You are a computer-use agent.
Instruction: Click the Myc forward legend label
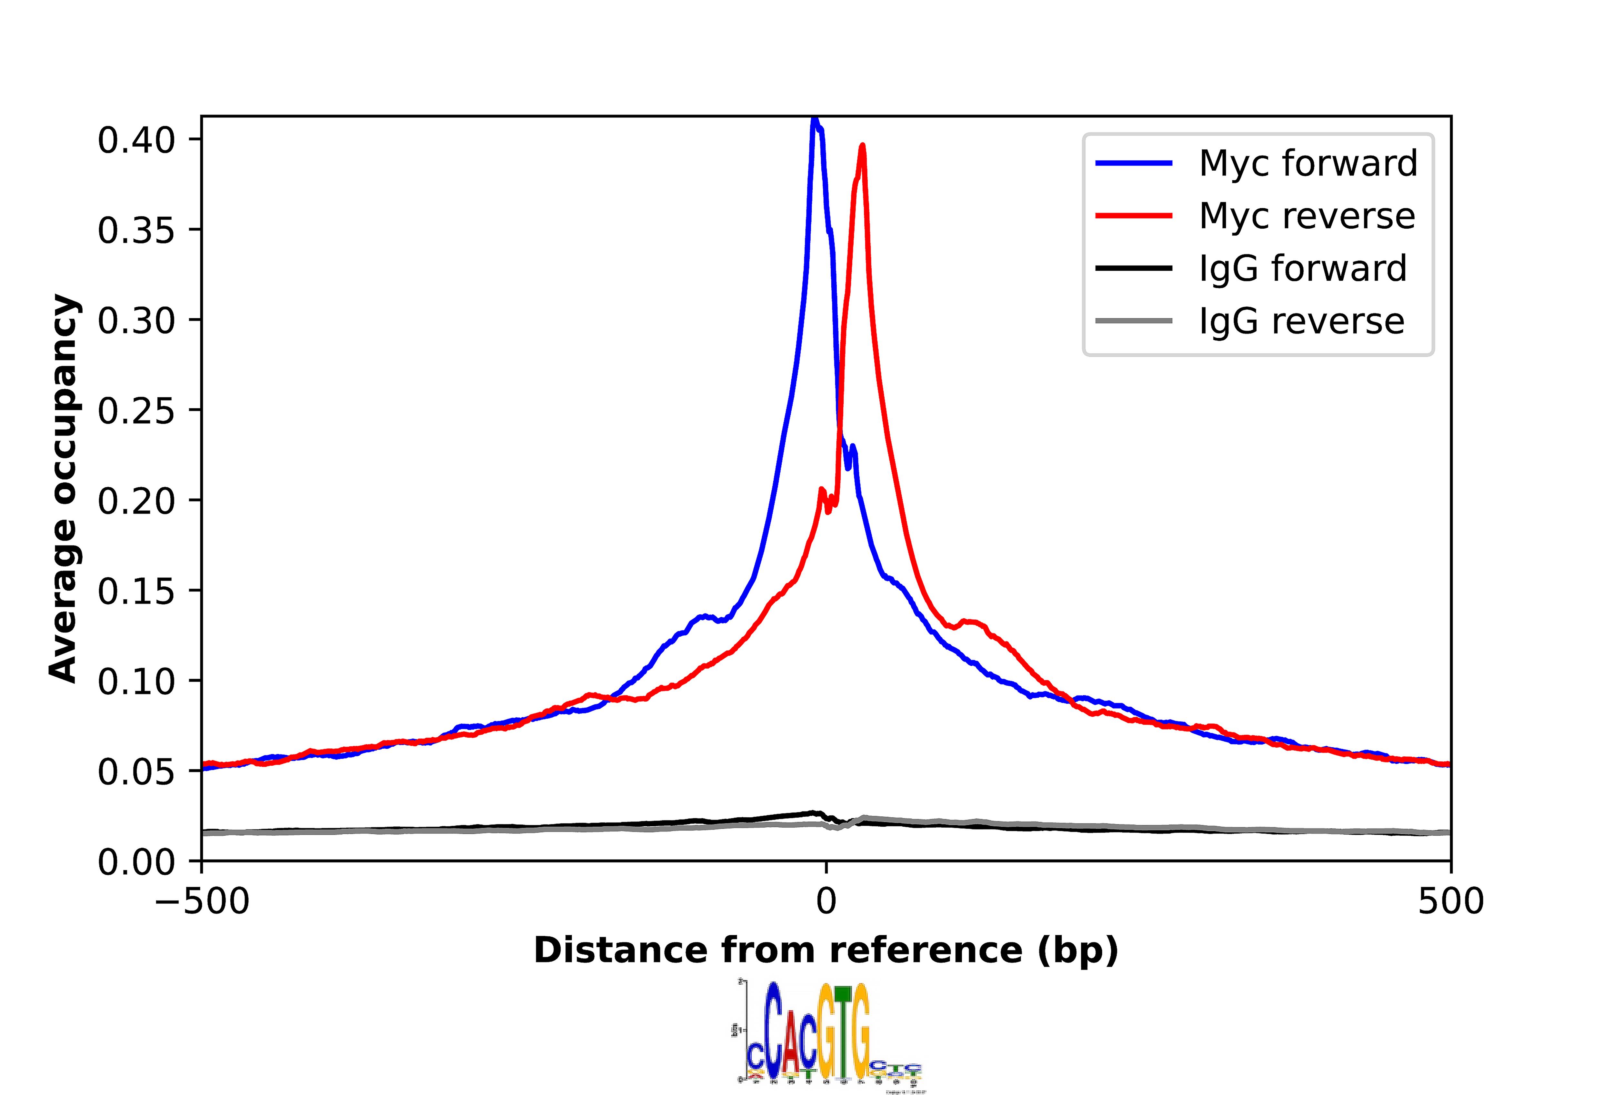(x=1307, y=164)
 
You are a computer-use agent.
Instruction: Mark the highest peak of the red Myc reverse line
(x=862, y=146)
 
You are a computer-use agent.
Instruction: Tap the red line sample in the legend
(x=1133, y=216)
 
